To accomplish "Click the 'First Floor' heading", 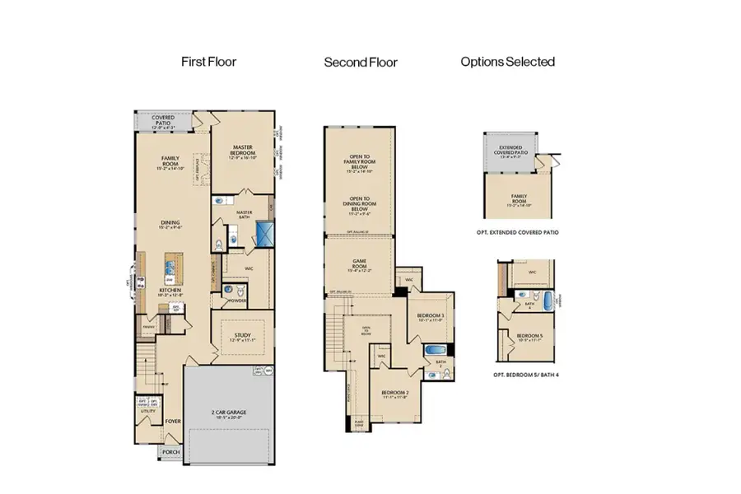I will [208, 62].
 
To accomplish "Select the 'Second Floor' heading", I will [361, 62].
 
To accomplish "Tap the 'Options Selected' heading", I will [507, 62].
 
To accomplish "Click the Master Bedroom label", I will [244, 151].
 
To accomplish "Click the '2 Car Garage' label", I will [226, 414].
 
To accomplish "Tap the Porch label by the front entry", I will [171, 451].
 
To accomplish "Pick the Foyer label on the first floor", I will [173, 421].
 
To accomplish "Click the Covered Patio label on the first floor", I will [163, 120].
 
